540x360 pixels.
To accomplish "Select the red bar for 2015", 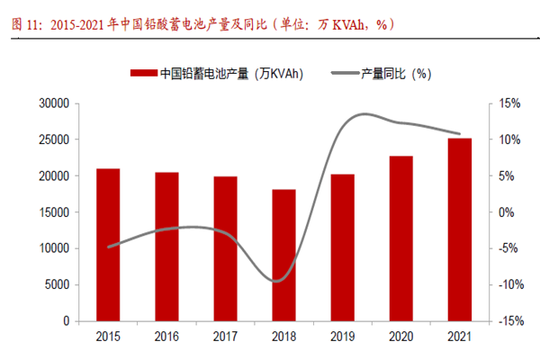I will (x=108, y=245).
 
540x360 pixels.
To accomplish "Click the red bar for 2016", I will (x=166, y=247).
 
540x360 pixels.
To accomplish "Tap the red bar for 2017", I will (x=225, y=248).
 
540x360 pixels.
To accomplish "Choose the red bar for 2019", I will (x=343, y=247).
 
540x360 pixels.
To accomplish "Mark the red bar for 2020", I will (x=401, y=238).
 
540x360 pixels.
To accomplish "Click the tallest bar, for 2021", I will (x=460, y=229).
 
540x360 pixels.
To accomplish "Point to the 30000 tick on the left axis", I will (x=57, y=104).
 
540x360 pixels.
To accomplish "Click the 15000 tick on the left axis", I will (x=57, y=212).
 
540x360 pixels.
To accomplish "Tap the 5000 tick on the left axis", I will (x=59, y=284).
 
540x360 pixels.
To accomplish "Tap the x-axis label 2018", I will (x=283, y=337).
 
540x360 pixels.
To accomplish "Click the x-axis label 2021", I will (x=460, y=337).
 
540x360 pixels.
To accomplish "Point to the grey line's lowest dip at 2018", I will (x=281, y=281).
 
